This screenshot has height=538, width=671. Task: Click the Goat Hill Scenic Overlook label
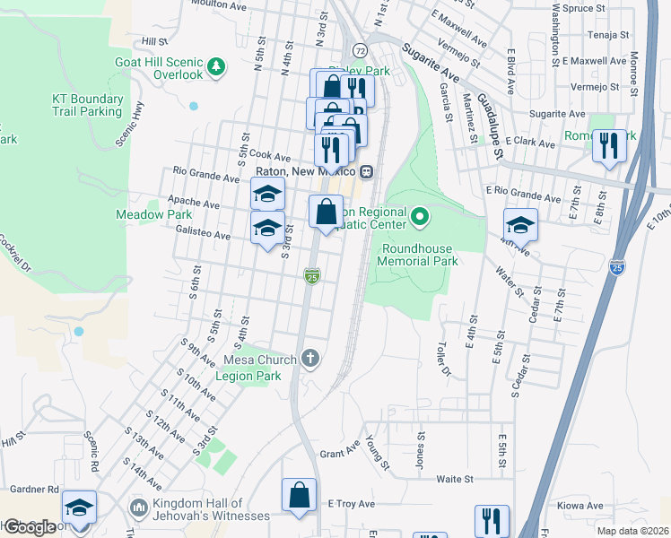tap(159, 68)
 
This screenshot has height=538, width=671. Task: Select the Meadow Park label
tap(141, 214)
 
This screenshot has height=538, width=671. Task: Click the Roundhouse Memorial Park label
tap(420, 255)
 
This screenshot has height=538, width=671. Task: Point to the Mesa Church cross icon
tap(310, 359)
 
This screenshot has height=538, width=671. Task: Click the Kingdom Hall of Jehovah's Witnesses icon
tap(138, 508)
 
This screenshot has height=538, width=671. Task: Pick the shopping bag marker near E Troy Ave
tap(299, 496)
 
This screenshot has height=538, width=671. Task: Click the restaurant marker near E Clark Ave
tap(609, 145)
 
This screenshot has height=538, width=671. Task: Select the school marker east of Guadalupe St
tap(519, 225)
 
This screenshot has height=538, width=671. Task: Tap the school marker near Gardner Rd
tap(79, 508)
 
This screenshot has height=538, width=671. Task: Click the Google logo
tap(29, 526)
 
